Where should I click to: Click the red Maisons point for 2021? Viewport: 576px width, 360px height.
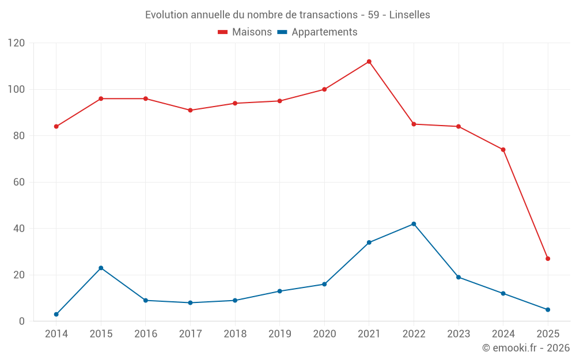(369, 62)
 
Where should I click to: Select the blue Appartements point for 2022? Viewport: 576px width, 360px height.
(414, 224)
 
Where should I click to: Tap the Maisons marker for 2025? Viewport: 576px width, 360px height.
(548, 259)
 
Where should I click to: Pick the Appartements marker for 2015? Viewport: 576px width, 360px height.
(101, 268)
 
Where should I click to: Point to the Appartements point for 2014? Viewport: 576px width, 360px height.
(56, 314)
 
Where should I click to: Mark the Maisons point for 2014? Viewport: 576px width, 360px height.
(56, 127)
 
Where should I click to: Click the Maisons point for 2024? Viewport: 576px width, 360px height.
(503, 150)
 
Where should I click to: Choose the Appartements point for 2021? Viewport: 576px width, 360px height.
(369, 242)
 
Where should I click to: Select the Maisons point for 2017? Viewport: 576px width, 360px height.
(190, 110)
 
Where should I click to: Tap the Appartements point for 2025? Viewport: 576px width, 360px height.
(548, 310)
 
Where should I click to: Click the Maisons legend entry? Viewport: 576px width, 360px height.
(245, 32)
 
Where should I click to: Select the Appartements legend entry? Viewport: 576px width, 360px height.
(317, 32)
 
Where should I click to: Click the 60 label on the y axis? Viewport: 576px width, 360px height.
(20, 183)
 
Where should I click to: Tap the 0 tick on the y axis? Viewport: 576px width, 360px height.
(22, 321)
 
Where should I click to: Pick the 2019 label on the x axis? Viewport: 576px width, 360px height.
(279, 334)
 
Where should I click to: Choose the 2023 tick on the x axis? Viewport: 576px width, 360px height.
(458, 334)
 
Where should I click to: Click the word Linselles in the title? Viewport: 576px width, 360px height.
(410, 15)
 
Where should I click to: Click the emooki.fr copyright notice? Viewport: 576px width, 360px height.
(526, 348)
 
